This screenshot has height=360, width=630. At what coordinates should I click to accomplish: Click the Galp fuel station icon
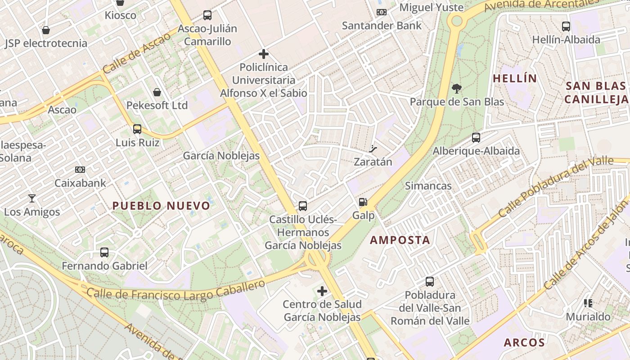(x=363, y=202)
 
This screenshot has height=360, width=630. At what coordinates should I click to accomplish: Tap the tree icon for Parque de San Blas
(x=457, y=88)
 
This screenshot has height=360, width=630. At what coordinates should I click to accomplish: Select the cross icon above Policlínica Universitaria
(x=264, y=54)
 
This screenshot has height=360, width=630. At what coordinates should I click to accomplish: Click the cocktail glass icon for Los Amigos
(x=31, y=198)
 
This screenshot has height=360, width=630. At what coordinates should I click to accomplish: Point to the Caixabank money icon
(x=80, y=170)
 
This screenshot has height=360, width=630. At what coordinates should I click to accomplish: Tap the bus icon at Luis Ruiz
(x=137, y=129)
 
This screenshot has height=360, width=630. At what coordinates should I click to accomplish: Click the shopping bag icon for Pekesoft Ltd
(x=157, y=92)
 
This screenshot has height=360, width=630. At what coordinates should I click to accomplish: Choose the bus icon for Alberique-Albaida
(x=476, y=138)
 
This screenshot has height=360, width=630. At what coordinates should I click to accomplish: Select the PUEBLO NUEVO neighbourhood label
(x=161, y=206)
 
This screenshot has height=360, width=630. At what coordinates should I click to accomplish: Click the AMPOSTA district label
(x=400, y=240)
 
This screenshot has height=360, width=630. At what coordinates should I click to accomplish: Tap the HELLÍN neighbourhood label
(x=515, y=79)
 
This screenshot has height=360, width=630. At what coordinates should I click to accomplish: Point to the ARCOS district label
(x=524, y=343)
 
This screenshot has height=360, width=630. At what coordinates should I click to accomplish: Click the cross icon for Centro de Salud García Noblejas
(x=322, y=291)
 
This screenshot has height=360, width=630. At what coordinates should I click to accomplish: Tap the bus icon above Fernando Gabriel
(x=104, y=252)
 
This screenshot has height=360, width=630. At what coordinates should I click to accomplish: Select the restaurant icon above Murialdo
(x=588, y=303)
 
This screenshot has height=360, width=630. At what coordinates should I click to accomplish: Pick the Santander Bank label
(x=382, y=25)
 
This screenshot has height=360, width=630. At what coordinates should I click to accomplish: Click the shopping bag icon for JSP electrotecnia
(x=45, y=30)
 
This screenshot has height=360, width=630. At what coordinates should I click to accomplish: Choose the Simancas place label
(x=428, y=186)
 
